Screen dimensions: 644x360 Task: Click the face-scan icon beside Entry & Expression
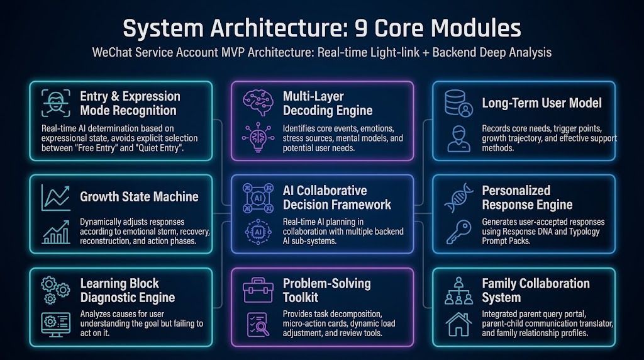click(x=56, y=103)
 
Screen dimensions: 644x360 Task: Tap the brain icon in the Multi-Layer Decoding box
click(x=258, y=103)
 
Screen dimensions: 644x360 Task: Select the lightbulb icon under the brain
click(x=258, y=137)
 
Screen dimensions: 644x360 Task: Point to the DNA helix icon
click(x=458, y=198)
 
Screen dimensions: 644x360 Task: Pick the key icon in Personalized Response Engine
click(x=458, y=232)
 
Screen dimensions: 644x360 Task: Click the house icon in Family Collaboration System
click(x=458, y=324)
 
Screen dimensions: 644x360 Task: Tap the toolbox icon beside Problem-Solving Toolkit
click(x=258, y=290)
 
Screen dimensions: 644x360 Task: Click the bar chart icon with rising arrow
click(x=56, y=232)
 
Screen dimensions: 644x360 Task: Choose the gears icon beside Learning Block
click(x=55, y=290)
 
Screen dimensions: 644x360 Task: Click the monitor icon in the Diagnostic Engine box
click(x=56, y=324)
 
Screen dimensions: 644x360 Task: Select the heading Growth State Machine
click(x=139, y=197)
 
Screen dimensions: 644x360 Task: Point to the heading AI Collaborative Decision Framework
click(x=337, y=198)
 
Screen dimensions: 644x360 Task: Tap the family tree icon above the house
click(x=458, y=291)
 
